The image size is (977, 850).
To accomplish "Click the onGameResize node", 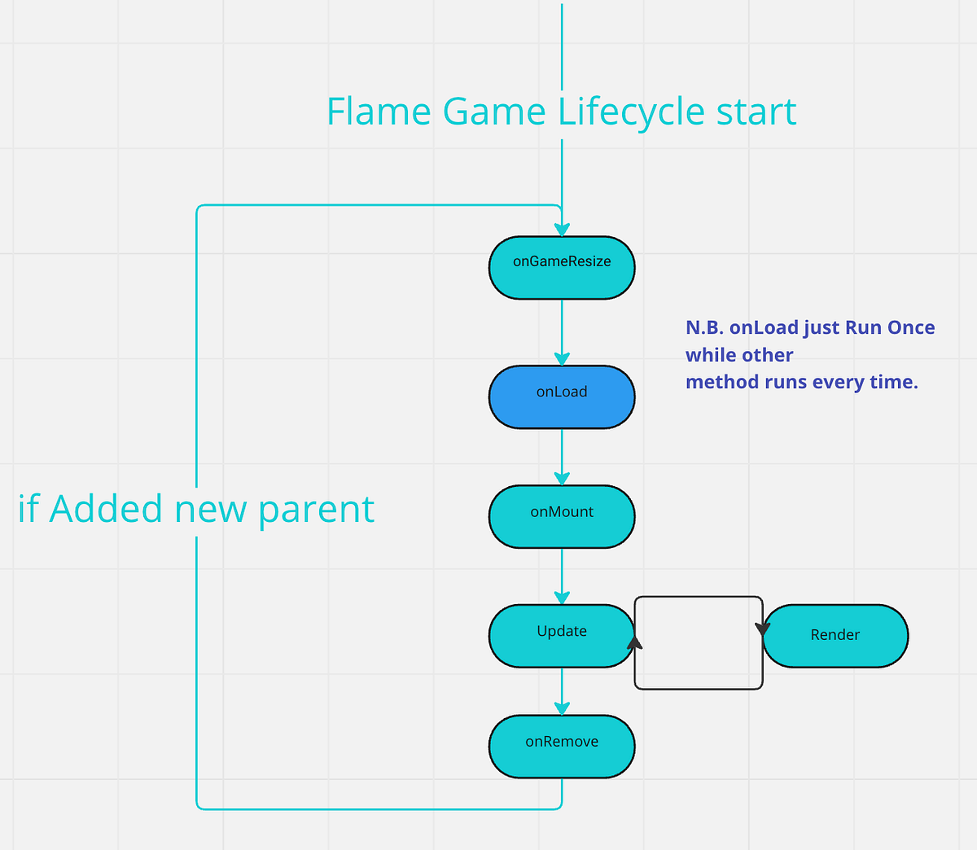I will tap(562, 268).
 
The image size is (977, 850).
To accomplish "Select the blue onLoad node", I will tap(562, 397).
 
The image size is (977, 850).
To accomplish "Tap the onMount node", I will tap(562, 517).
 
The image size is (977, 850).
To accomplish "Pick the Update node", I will tap(562, 636).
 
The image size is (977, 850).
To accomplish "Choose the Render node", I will tap(835, 636).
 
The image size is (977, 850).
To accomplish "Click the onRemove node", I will tap(562, 747).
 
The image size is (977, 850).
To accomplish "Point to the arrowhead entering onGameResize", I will tap(562, 230).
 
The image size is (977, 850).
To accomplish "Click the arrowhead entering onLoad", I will tap(562, 358).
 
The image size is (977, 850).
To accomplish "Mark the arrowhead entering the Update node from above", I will tap(562, 598).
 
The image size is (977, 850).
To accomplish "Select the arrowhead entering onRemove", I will tap(562, 708).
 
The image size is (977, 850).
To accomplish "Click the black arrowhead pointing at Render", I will tap(762, 629).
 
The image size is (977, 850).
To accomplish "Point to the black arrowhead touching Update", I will tap(635, 642).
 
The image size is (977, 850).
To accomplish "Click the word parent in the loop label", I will tap(316, 510).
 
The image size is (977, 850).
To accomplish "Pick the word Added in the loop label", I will tap(107, 510).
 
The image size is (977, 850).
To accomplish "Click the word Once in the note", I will tap(911, 327).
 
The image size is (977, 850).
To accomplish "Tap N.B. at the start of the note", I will tap(704, 327).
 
